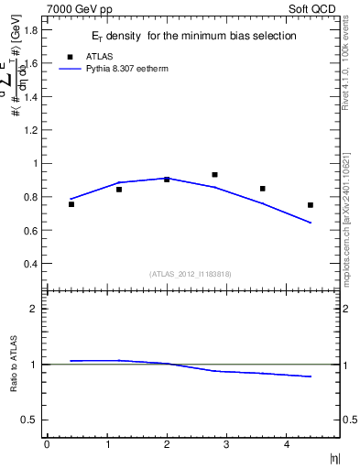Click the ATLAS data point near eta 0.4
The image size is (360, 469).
pyautogui.click(x=71, y=204)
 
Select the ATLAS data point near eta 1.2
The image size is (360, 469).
pyautogui.click(x=119, y=190)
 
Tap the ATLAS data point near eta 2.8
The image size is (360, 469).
pyautogui.click(x=214, y=174)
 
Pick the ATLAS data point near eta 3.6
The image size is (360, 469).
pyautogui.click(x=263, y=189)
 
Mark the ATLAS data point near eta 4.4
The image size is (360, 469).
pyautogui.click(x=311, y=205)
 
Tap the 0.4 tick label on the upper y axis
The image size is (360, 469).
pyautogui.click(x=30, y=264)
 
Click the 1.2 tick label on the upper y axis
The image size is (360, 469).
pyautogui.click(x=30, y=130)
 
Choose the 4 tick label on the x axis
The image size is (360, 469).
pyautogui.click(x=287, y=444)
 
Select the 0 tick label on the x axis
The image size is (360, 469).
pyautogui.click(x=47, y=444)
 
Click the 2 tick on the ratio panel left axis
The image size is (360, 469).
pyautogui.click(x=34, y=309)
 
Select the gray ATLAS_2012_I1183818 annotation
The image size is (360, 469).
pyautogui.click(x=191, y=273)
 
